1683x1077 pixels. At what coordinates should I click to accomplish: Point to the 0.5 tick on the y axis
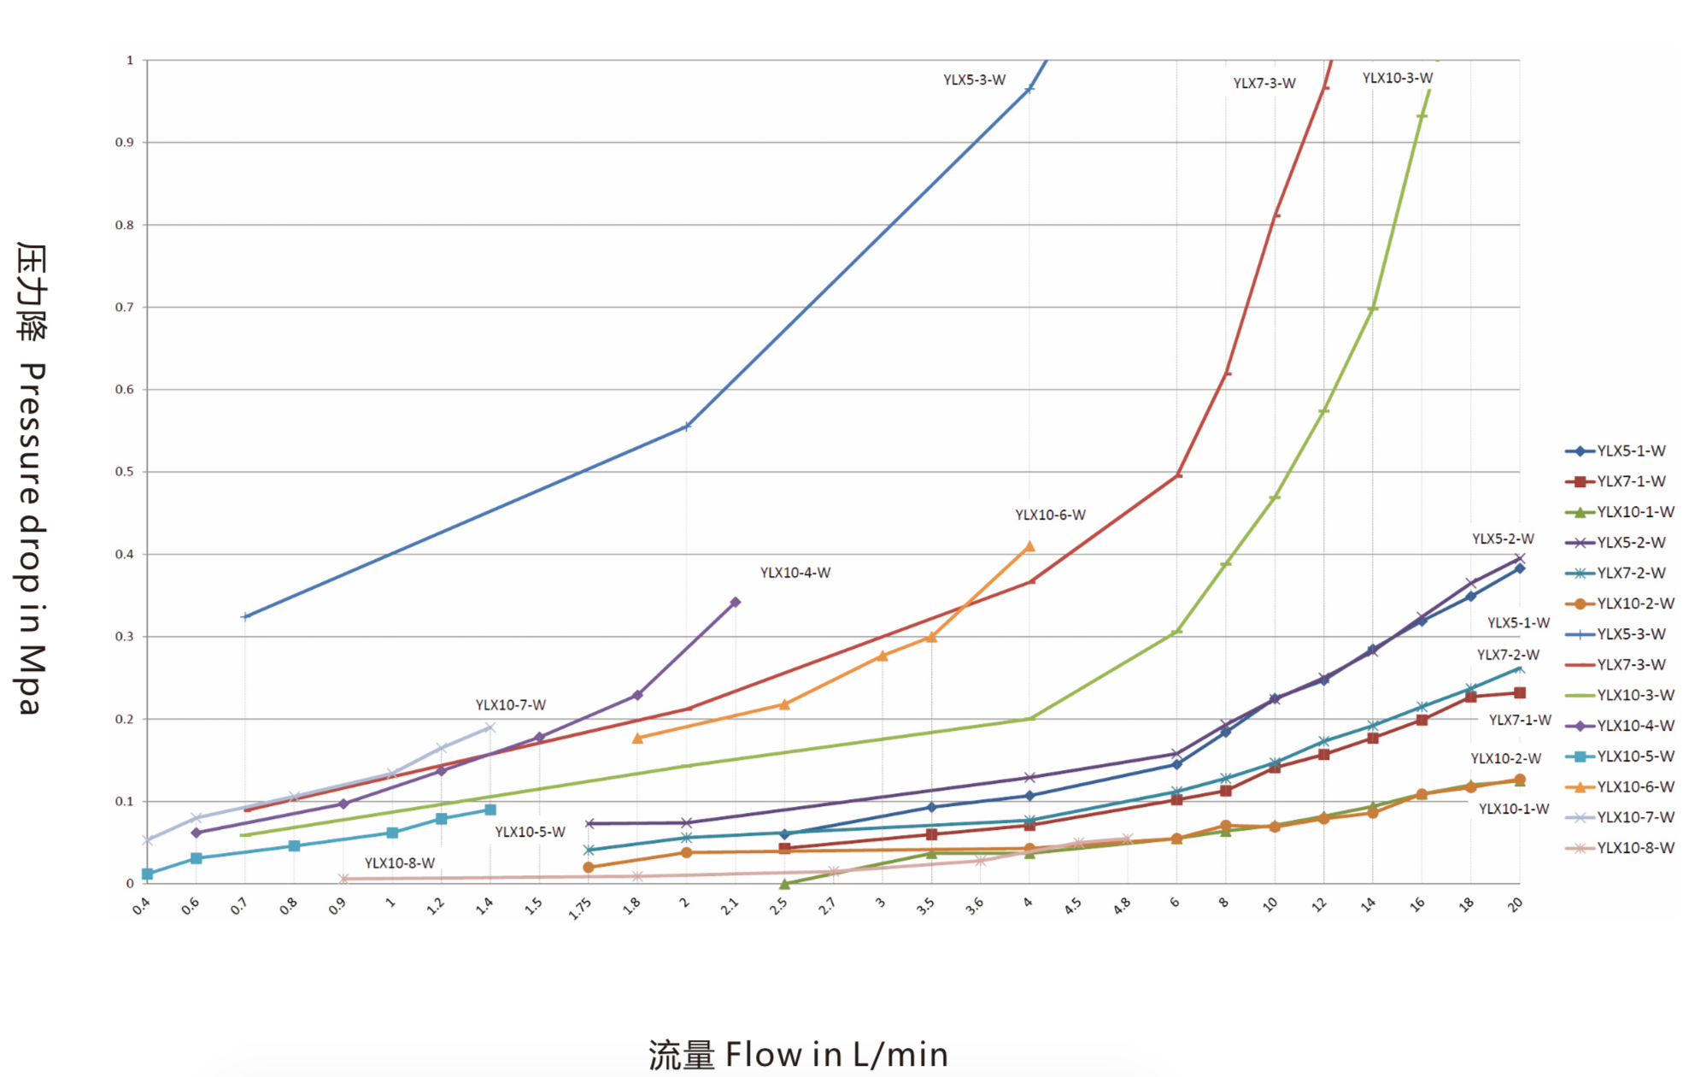click(125, 472)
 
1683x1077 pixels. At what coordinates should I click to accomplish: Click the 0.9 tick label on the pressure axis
click(125, 143)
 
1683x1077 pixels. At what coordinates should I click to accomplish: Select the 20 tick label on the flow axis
click(1515, 904)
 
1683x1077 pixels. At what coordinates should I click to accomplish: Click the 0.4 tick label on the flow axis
click(141, 906)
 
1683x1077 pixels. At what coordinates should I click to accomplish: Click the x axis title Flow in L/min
click(798, 1055)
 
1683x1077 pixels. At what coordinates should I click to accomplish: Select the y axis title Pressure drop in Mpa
click(32, 479)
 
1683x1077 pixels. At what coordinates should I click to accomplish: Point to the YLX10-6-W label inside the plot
click(1050, 515)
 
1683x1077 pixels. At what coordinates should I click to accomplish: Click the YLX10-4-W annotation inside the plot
click(795, 573)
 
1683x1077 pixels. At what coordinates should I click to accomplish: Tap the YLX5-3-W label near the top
click(974, 80)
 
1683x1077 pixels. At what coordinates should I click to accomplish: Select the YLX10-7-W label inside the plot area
click(510, 705)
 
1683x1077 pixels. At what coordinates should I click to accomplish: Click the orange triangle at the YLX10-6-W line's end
click(1029, 546)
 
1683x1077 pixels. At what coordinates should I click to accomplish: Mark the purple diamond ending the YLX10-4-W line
click(736, 603)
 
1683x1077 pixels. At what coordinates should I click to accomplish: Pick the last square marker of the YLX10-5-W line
click(490, 809)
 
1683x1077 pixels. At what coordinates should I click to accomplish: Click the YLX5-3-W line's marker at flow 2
click(687, 427)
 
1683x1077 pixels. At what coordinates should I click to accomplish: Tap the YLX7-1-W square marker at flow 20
click(1520, 693)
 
